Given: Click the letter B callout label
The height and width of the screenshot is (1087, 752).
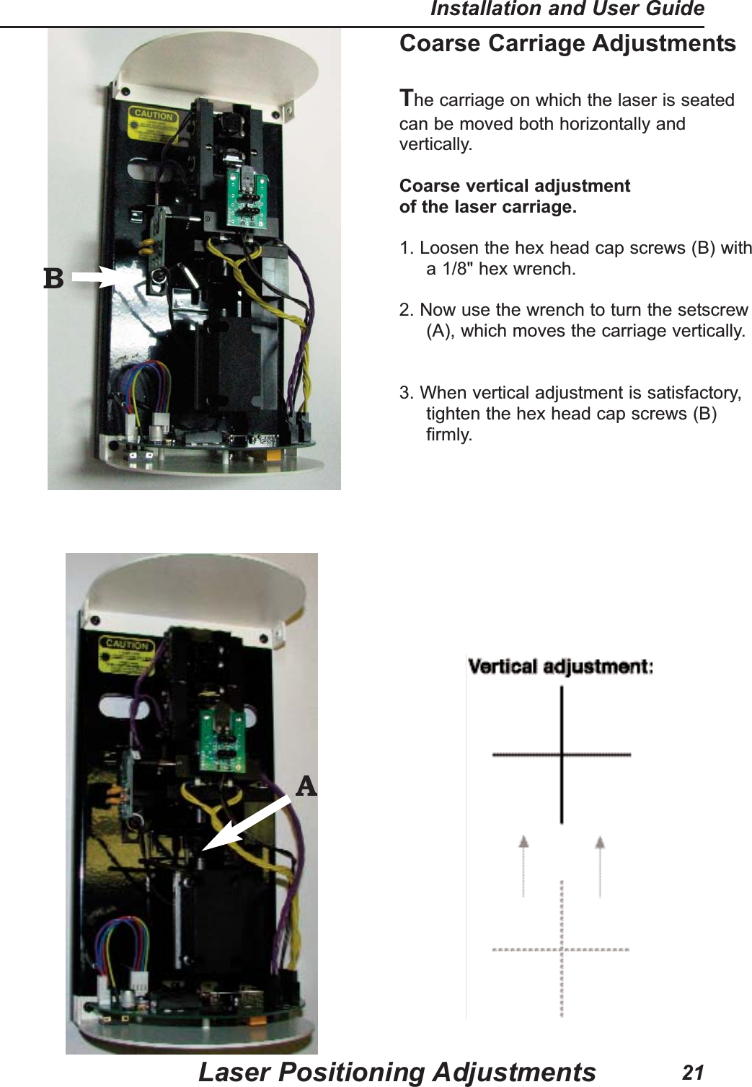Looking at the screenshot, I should (x=53, y=278).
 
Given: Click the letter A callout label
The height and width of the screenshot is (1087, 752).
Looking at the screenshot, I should (x=306, y=786).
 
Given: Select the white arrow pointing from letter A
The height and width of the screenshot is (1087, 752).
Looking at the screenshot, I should (x=245, y=825).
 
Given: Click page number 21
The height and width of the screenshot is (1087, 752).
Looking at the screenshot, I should (x=692, y=1073).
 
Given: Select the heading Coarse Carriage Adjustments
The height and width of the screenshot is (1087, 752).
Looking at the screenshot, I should (x=567, y=43).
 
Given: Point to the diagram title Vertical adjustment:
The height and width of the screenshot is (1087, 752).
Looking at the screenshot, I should (x=560, y=666).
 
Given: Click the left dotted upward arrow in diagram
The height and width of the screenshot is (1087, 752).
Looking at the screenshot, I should (x=524, y=865).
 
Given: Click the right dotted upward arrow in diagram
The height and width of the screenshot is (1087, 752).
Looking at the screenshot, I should (x=600, y=865).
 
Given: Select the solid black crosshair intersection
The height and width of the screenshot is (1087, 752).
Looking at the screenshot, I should (x=562, y=755).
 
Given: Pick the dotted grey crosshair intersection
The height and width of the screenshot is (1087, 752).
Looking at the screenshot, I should (x=562, y=949).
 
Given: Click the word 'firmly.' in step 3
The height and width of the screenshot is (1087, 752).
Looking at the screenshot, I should (x=449, y=435).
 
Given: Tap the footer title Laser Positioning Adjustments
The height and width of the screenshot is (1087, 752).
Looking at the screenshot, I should (x=397, y=1072).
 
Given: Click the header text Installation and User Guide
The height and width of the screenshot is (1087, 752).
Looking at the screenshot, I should (x=567, y=9).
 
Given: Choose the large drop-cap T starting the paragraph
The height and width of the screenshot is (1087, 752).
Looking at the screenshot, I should (x=407, y=97).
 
